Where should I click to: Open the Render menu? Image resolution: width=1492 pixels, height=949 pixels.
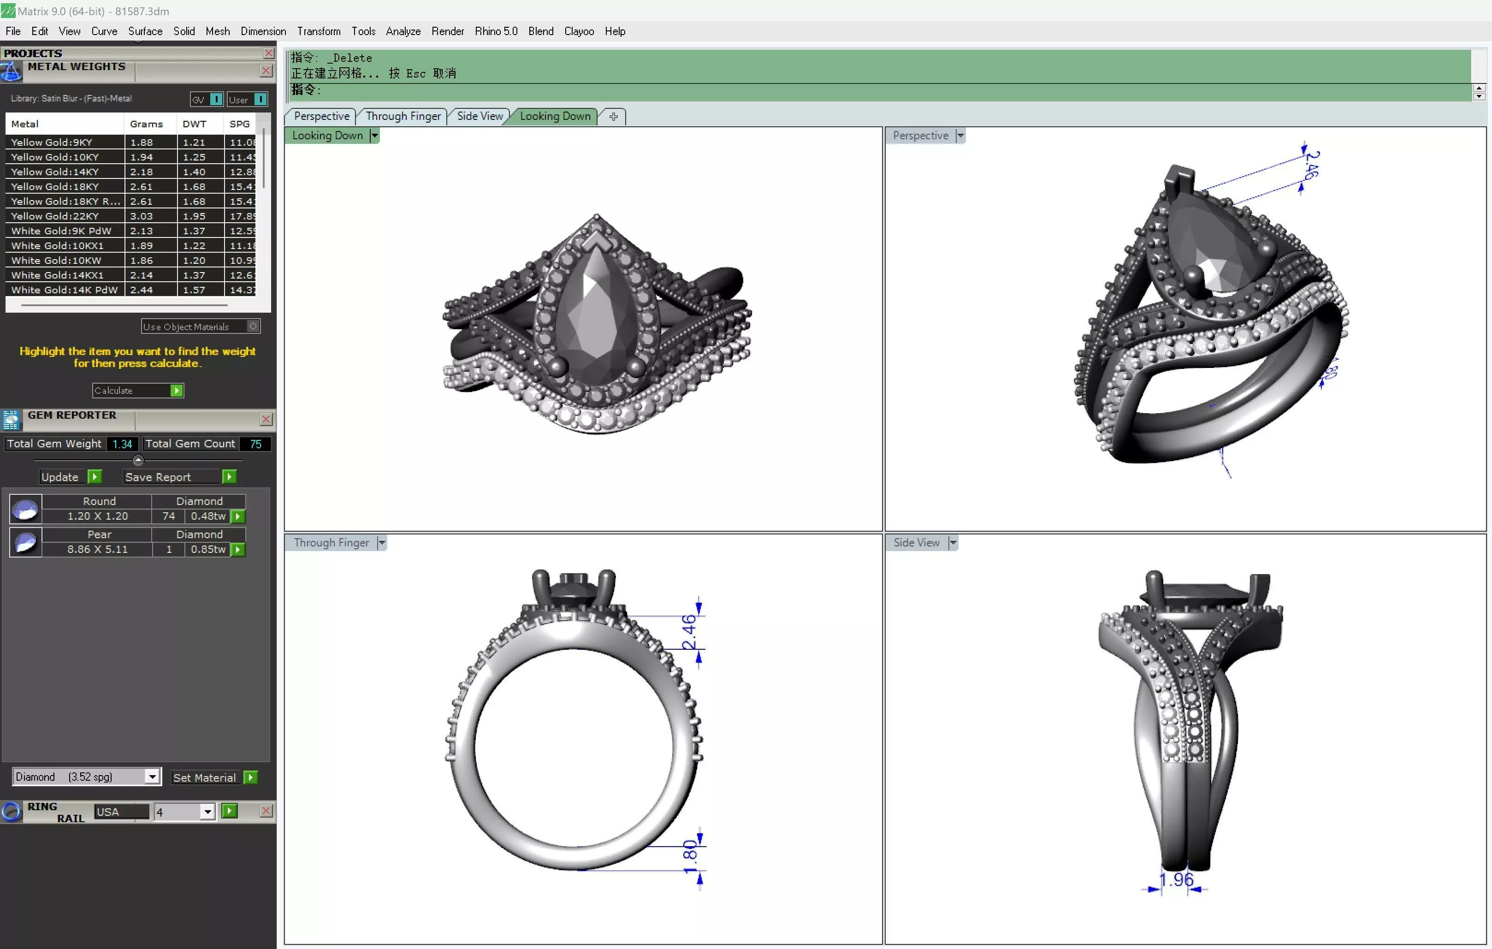[x=447, y=31]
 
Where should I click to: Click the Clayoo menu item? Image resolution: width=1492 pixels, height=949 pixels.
[x=579, y=31]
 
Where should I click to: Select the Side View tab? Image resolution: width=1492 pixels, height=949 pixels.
[x=480, y=116]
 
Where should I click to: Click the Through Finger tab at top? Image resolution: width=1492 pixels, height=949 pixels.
[x=403, y=116]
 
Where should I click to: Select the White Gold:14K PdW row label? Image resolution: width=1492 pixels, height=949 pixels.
[x=65, y=290]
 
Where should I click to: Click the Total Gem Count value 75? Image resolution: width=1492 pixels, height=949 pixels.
[x=255, y=444]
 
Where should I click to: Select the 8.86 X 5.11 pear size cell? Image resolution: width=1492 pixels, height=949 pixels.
[x=97, y=549]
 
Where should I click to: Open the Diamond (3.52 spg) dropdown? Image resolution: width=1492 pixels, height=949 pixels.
[x=152, y=777]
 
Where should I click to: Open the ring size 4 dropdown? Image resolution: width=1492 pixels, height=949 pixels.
[x=207, y=812]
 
